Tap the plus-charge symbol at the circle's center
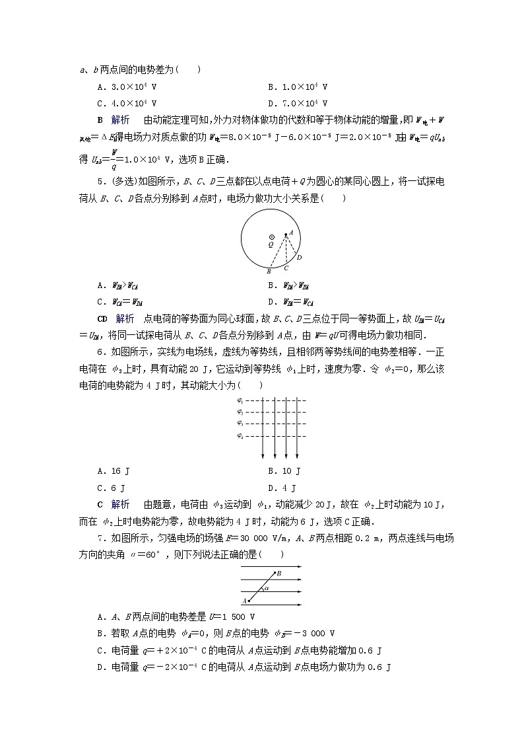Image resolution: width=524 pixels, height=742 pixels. pyautogui.click(x=271, y=236)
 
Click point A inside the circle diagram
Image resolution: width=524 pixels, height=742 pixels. pyautogui.click(x=290, y=232)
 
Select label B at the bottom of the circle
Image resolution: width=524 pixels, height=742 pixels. pyautogui.click(x=268, y=272)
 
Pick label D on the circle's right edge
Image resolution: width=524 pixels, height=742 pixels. pyautogui.click(x=299, y=258)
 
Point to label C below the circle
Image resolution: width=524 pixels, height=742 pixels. pyautogui.click(x=285, y=268)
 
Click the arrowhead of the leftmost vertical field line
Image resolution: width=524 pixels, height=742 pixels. pyautogui.click(x=263, y=455)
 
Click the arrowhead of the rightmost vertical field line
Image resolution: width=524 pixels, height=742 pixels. pyautogui.click(x=297, y=455)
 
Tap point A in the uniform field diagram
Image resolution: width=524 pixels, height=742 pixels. pyautogui.click(x=245, y=601)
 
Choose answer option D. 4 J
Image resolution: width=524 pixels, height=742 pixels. pyautogui.click(x=281, y=488)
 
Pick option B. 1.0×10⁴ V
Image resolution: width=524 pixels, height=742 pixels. pyautogui.click(x=298, y=87)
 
